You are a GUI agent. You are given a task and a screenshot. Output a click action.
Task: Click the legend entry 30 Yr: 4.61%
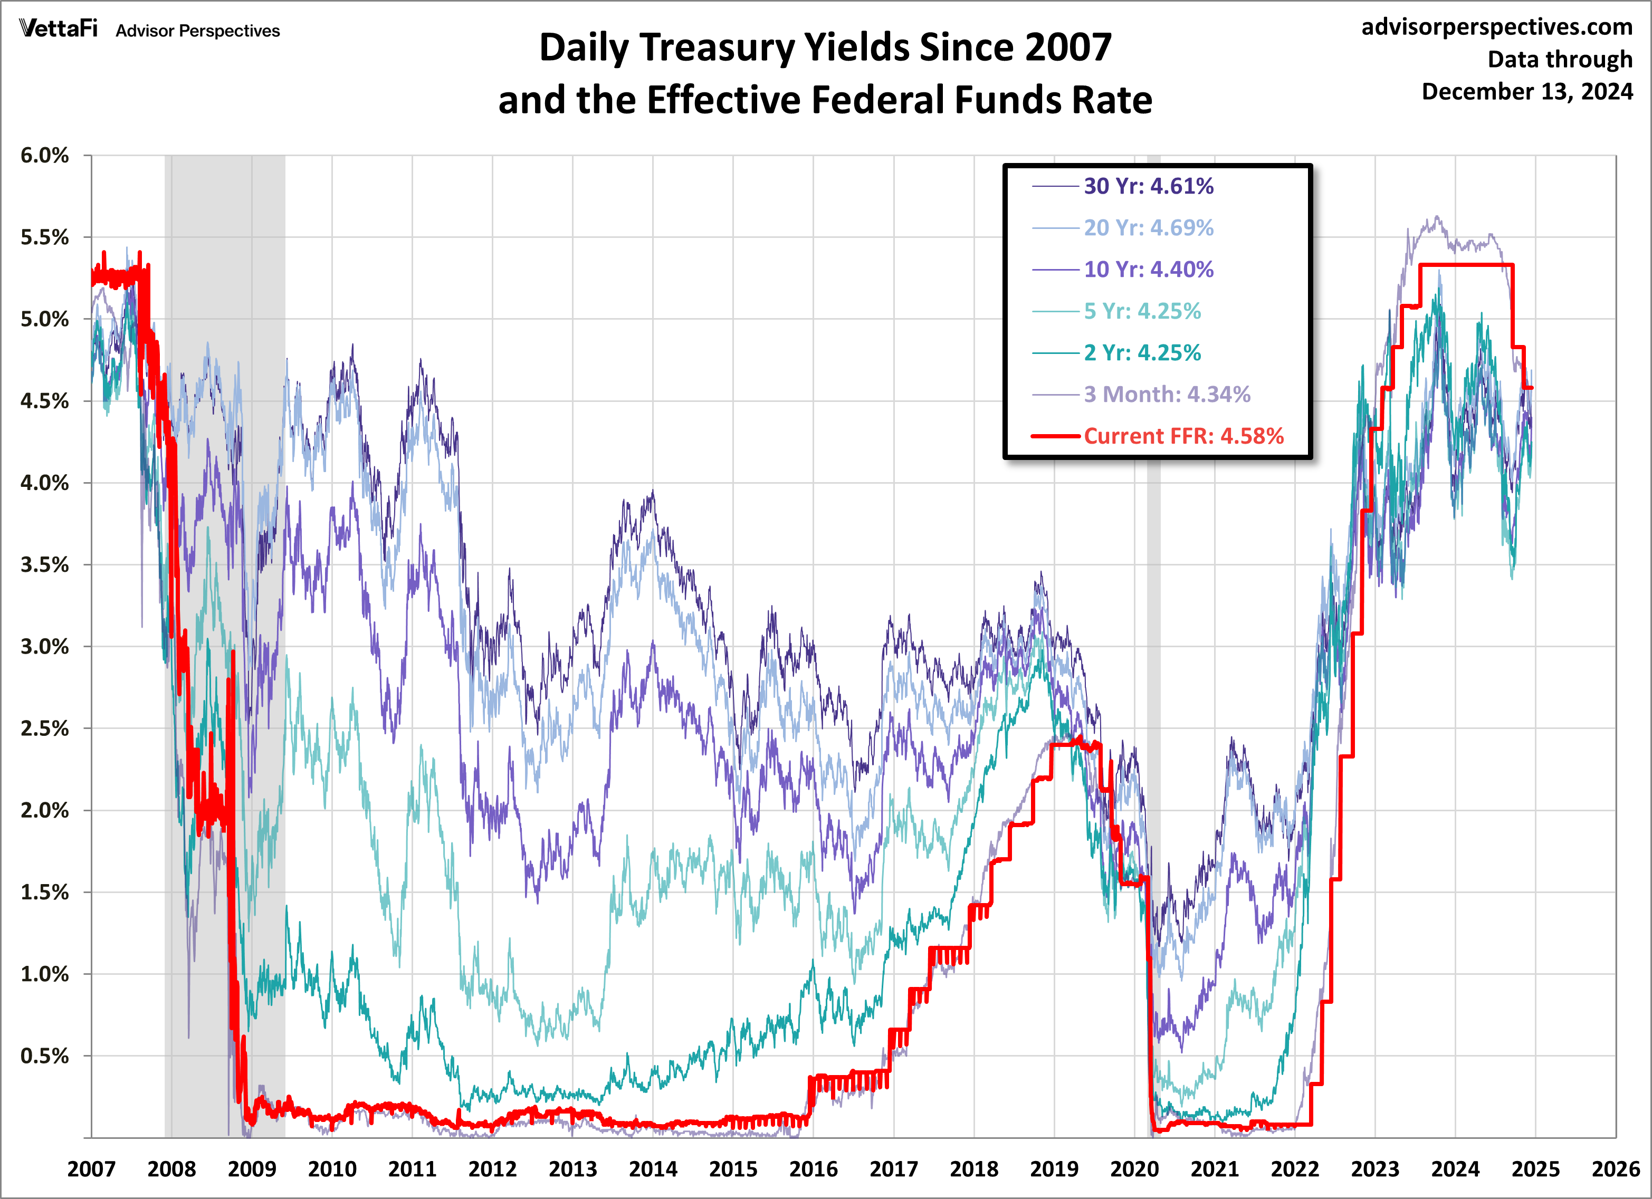tap(1148, 187)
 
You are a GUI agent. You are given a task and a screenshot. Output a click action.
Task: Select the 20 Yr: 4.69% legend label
tap(1148, 228)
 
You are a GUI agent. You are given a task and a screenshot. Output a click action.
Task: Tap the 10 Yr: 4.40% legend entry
tap(1148, 270)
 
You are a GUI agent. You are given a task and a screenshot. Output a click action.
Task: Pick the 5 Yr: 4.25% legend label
tap(1141, 311)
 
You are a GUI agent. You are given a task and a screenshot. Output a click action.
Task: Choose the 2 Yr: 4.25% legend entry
tap(1141, 352)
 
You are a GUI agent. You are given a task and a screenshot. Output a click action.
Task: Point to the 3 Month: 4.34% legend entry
tap(1166, 394)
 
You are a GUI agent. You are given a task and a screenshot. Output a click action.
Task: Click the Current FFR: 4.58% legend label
tap(1183, 436)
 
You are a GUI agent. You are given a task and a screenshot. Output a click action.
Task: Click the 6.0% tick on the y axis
tap(44, 155)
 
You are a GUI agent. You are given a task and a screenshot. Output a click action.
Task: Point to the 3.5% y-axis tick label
tap(44, 564)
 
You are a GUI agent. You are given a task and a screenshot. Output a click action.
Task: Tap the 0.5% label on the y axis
tap(44, 1056)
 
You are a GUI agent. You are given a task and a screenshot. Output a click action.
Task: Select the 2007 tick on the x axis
tap(91, 1169)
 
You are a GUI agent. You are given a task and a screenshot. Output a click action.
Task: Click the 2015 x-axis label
tap(733, 1169)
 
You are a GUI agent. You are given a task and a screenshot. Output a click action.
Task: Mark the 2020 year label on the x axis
tap(1134, 1169)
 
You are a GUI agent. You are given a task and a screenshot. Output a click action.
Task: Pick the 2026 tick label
tap(1616, 1169)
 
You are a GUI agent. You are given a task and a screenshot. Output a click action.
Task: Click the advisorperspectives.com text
tap(1497, 27)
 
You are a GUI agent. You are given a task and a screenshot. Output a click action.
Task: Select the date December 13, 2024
tap(1527, 92)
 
